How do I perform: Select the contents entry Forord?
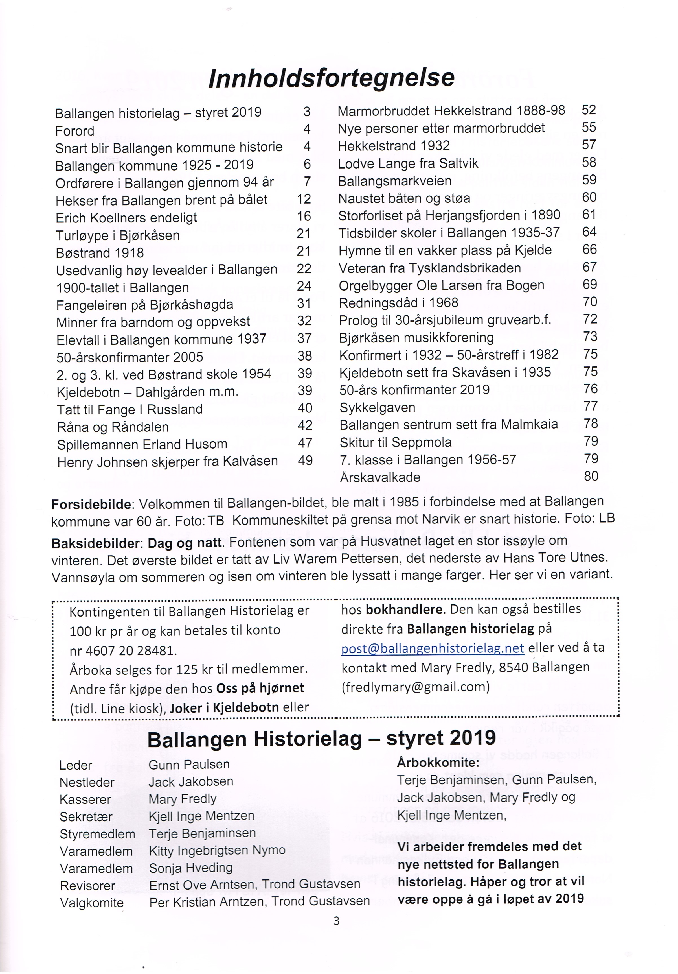click(74, 131)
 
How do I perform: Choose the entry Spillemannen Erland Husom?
click(142, 444)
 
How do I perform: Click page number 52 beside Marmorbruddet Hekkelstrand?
click(589, 110)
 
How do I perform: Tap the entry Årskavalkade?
click(380, 477)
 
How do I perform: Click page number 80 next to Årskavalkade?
click(591, 476)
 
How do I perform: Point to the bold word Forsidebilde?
click(91, 505)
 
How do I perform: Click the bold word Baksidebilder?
click(95, 543)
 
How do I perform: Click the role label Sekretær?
click(86, 817)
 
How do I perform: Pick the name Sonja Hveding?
click(191, 868)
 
